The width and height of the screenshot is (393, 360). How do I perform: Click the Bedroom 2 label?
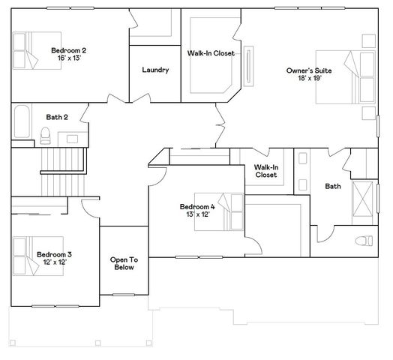point(68,50)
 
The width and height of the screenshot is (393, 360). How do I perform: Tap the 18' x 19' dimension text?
point(310,78)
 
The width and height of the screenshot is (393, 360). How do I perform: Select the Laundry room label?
point(155,70)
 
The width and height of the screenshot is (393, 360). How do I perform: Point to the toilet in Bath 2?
point(45,136)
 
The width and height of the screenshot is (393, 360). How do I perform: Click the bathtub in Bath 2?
point(22,121)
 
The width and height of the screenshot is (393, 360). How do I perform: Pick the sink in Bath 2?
point(72,139)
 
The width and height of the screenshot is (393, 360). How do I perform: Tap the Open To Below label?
point(124,263)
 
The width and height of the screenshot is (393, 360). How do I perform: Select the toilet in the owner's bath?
point(364,241)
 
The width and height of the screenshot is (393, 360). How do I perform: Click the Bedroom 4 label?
point(197,207)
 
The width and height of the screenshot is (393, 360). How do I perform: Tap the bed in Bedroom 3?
point(38,256)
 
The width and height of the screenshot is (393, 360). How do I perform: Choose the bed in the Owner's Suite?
point(346,77)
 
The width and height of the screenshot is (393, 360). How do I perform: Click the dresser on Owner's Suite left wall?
point(249,66)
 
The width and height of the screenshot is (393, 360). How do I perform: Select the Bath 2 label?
point(57,117)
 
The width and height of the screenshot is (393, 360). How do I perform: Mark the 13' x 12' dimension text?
point(198,214)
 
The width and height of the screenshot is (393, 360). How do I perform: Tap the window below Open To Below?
point(124,295)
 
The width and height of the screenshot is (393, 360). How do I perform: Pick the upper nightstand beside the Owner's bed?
point(369,40)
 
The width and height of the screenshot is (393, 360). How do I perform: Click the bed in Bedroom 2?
point(37,50)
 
